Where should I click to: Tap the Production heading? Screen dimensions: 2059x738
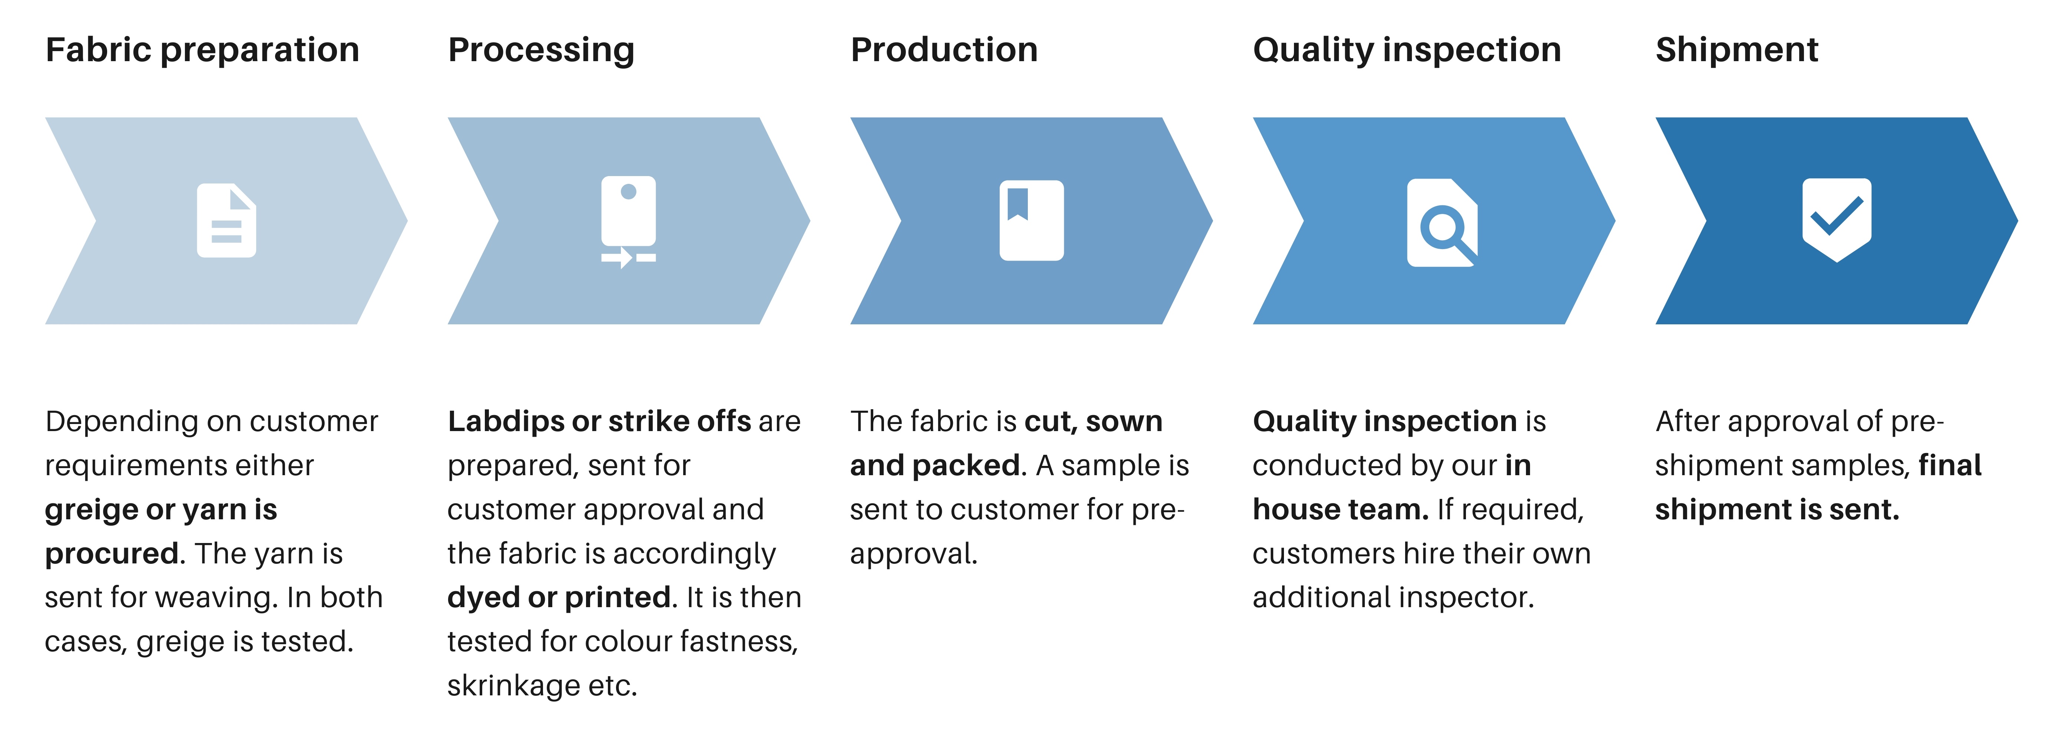pos(944,50)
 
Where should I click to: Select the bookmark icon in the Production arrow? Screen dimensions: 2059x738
pos(1031,221)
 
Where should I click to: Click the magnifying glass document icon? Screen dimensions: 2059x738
pos(1443,222)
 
